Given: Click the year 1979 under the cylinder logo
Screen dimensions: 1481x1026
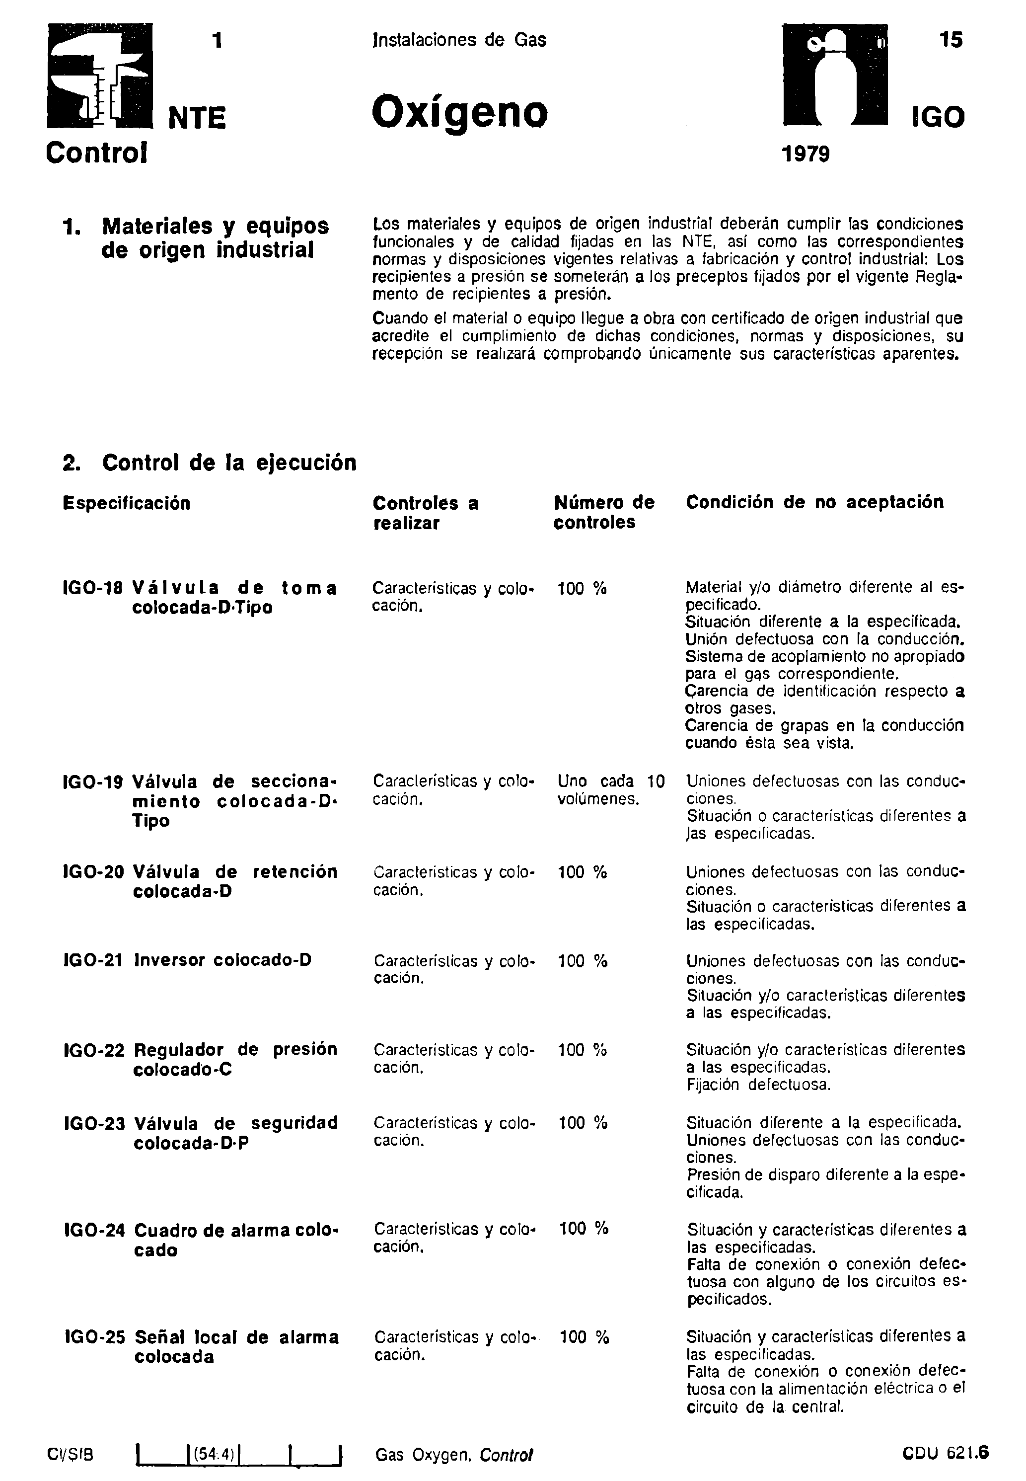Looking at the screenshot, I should [805, 155].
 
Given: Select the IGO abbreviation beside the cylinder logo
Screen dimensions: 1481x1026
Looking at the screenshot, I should [938, 118].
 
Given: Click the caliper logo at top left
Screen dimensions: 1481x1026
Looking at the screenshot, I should [100, 76].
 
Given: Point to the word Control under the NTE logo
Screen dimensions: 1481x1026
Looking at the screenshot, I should [97, 153].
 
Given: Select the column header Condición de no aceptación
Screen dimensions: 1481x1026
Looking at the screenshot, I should [814, 502].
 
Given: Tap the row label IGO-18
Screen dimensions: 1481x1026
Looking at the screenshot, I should [93, 588].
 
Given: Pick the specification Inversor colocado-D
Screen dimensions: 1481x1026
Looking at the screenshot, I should [222, 960].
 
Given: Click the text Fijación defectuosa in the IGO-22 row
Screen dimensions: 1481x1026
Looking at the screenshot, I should [758, 1085].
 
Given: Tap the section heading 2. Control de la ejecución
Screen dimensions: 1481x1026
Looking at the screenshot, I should [210, 463].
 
